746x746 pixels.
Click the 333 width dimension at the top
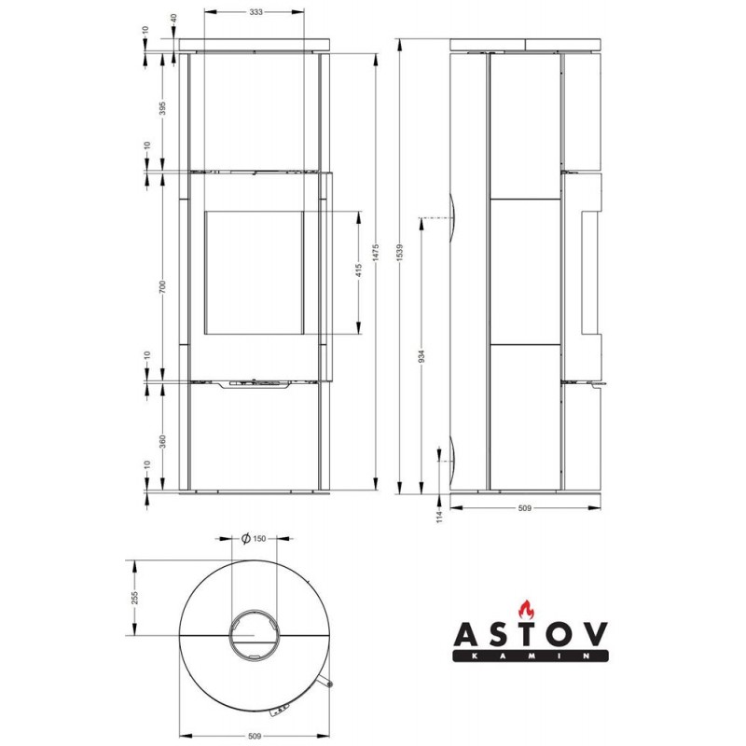(x=256, y=12)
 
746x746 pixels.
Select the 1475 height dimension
(x=376, y=252)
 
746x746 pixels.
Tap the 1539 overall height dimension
(x=400, y=252)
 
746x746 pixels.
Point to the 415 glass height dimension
(x=359, y=270)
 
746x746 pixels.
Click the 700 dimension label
(x=162, y=286)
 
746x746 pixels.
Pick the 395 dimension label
(x=162, y=108)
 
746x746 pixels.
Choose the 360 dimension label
(x=162, y=441)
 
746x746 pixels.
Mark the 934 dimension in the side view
(x=421, y=356)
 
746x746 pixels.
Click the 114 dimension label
(x=439, y=517)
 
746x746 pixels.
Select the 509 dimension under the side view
(x=524, y=508)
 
